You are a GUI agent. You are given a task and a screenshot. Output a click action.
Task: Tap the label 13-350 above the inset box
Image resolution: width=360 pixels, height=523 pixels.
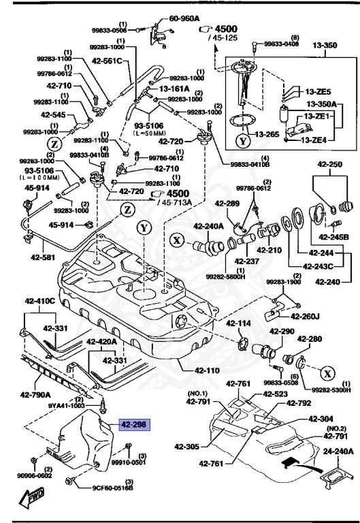click(325, 46)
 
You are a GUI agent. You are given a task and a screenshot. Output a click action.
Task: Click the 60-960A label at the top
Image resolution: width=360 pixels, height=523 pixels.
click(184, 19)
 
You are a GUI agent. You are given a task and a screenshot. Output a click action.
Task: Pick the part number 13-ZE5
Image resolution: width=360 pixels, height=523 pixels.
click(318, 91)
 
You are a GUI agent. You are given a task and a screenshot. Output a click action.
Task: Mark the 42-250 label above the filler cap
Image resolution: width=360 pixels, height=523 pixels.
click(329, 165)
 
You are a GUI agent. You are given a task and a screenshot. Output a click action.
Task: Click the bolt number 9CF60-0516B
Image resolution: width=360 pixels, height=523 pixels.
click(112, 487)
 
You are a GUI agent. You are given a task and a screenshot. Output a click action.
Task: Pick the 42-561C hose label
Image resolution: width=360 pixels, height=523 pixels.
click(106, 61)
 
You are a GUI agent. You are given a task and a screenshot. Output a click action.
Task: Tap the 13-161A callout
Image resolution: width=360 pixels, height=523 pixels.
click(176, 88)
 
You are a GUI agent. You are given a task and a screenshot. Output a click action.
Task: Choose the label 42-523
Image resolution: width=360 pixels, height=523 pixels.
click(276, 394)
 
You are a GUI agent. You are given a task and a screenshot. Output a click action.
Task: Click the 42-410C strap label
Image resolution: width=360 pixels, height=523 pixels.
click(40, 300)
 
